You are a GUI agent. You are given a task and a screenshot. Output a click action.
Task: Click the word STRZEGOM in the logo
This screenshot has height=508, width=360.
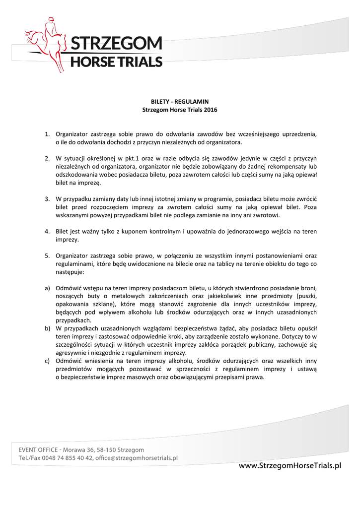[x=116, y=44]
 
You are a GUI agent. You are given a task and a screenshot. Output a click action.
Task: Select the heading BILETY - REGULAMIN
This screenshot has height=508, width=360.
[x=180, y=101]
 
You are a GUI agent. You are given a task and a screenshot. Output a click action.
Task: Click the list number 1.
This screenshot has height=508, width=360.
[x=47, y=134]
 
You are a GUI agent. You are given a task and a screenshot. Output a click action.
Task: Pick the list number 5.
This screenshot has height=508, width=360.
[x=47, y=255]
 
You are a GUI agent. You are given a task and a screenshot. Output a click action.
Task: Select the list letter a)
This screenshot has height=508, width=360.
[x=48, y=288]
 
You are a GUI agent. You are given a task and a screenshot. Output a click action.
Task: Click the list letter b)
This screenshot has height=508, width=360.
[x=48, y=328]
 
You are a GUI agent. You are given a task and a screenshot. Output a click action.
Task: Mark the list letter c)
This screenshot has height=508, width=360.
[x=48, y=361]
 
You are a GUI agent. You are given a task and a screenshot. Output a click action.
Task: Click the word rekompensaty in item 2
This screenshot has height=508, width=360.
[x=287, y=166]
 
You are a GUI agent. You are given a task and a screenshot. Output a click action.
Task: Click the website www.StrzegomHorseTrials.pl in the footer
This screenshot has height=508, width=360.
[x=290, y=465]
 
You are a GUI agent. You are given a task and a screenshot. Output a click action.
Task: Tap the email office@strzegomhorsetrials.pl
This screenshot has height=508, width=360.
[x=137, y=458]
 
